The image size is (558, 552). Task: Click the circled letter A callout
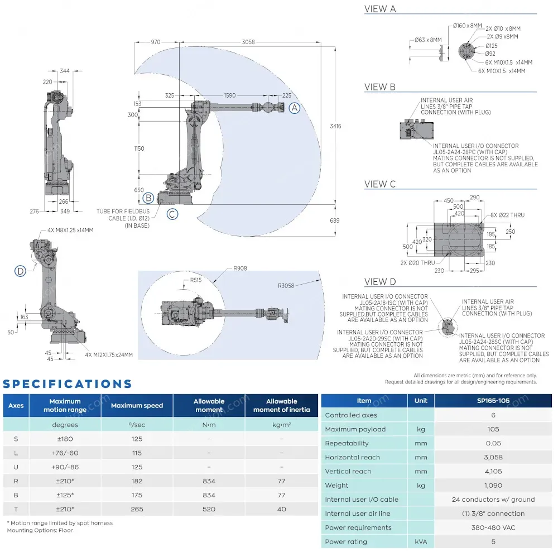tap(294, 108)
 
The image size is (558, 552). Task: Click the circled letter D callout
tap(21, 271)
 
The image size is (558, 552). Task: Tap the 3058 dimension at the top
tap(248, 42)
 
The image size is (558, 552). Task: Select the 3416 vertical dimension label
tap(335, 126)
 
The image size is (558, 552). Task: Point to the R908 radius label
tap(240, 268)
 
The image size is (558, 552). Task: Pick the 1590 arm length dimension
tap(229, 95)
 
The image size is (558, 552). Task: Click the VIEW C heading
tap(380, 184)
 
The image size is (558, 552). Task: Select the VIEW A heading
tap(380, 9)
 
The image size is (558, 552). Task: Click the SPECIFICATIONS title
tap(68, 384)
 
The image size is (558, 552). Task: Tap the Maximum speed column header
tap(137, 405)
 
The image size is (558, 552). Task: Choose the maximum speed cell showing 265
tap(137, 509)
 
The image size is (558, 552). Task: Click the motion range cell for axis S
tap(65, 439)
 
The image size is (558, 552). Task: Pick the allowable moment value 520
tap(209, 509)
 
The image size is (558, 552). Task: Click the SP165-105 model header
tap(493, 401)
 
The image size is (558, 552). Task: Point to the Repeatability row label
tap(347, 443)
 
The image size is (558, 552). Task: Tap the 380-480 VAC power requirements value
tap(493, 527)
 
